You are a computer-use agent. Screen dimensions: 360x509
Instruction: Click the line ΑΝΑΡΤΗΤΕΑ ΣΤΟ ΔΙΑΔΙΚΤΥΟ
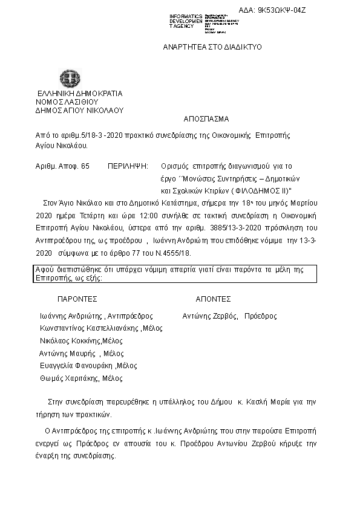[212, 47]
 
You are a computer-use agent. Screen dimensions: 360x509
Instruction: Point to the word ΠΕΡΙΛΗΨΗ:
[128, 165]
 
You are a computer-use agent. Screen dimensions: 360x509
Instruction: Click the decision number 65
[85, 165]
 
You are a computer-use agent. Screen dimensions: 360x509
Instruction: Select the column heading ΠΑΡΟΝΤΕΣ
[77, 299]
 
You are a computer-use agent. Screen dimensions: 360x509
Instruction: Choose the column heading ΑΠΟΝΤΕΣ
[213, 299]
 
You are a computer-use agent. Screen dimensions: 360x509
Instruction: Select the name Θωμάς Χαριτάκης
[68, 378]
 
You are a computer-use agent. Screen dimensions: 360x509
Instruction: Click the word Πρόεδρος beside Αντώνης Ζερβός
[261, 316]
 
